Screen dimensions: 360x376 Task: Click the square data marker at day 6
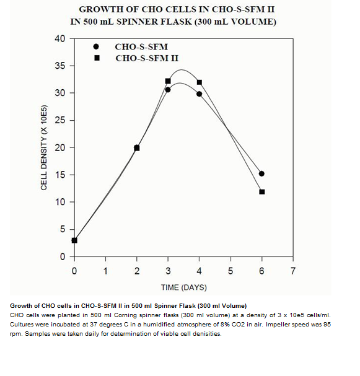pos(262,192)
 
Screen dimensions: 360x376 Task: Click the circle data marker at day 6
pos(261,173)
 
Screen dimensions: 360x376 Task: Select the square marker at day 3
pos(168,81)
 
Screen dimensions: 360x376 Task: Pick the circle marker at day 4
pos(200,94)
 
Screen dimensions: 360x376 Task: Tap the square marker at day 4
pos(200,82)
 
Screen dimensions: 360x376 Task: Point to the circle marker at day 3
pos(168,90)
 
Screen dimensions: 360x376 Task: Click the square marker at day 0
pos(74,240)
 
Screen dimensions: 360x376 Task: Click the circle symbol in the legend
pos(96,46)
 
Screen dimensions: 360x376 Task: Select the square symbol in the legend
pos(97,58)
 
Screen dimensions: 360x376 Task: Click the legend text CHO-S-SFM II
pos(147,58)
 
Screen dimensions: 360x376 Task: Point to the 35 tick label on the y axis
pos(60,66)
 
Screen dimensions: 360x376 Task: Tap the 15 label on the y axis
pos(60,175)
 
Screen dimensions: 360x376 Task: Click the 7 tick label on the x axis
pos(293,271)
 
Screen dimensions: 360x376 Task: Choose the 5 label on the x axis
pos(230,271)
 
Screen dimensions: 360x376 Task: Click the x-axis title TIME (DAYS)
pos(184,287)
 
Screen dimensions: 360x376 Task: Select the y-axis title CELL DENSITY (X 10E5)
pos(44,147)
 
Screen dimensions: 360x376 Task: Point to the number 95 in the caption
pos(327,325)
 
